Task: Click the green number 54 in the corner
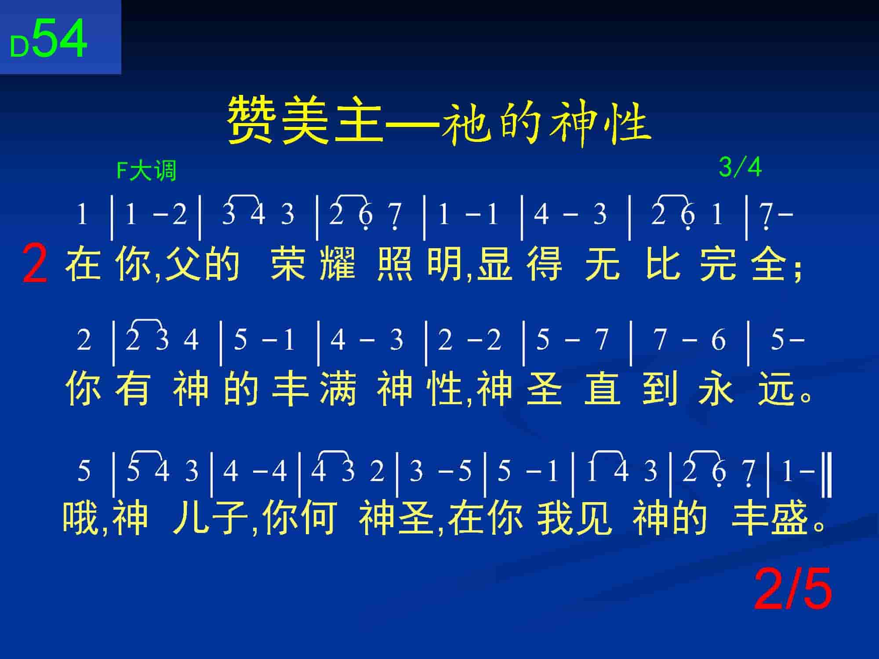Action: [60, 39]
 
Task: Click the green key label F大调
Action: [146, 170]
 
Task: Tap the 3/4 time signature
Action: [740, 167]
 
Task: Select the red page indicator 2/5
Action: [793, 589]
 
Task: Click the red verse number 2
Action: [35, 264]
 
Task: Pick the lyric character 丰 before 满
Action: [289, 388]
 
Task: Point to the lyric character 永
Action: [716, 388]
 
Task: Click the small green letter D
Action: [19, 47]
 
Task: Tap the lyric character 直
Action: [603, 388]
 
